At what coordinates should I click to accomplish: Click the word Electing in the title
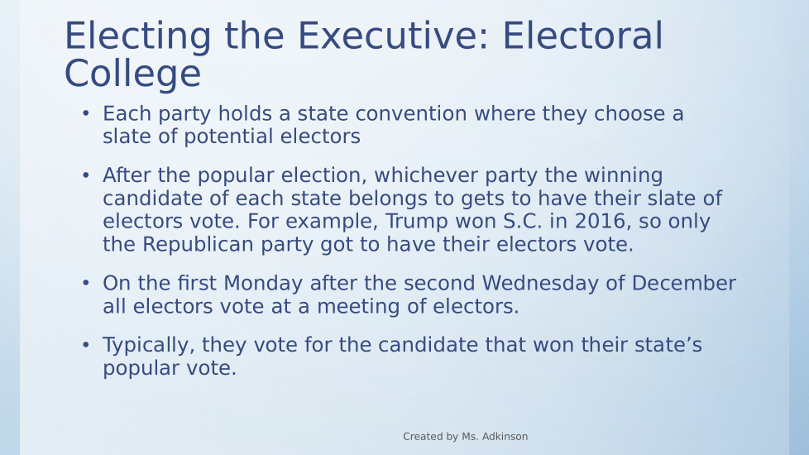(x=138, y=36)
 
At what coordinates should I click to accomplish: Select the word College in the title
(x=132, y=74)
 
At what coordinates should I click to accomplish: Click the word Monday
(x=263, y=283)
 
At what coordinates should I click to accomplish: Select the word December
(x=683, y=283)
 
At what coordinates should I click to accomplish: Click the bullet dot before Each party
(x=86, y=113)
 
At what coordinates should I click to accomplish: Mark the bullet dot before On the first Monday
(x=86, y=283)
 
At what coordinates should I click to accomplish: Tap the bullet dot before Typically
(x=86, y=345)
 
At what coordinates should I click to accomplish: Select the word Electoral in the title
(x=582, y=36)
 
